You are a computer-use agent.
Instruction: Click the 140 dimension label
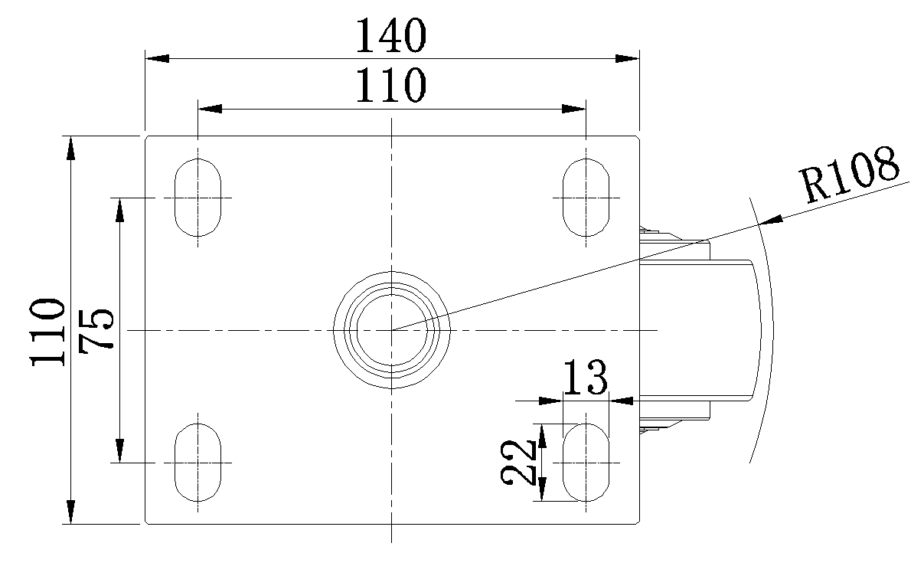click(x=390, y=35)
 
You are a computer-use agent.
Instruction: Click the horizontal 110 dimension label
click(x=390, y=85)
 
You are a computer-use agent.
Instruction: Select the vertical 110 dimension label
click(x=47, y=332)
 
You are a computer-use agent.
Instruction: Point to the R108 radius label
click(x=850, y=175)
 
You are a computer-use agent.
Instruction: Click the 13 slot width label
click(x=585, y=377)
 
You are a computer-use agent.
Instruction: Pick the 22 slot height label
click(x=518, y=462)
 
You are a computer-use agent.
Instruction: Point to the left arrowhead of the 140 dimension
click(x=157, y=58)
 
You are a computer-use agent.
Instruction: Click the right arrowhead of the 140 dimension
click(x=627, y=58)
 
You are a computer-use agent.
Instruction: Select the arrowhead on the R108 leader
click(x=771, y=220)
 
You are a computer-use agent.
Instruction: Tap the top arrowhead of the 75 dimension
click(x=119, y=210)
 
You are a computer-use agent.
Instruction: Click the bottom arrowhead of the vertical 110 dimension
click(x=71, y=512)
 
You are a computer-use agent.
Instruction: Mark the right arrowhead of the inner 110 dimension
click(x=574, y=109)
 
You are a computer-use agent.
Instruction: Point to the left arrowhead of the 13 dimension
click(x=551, y=401)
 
